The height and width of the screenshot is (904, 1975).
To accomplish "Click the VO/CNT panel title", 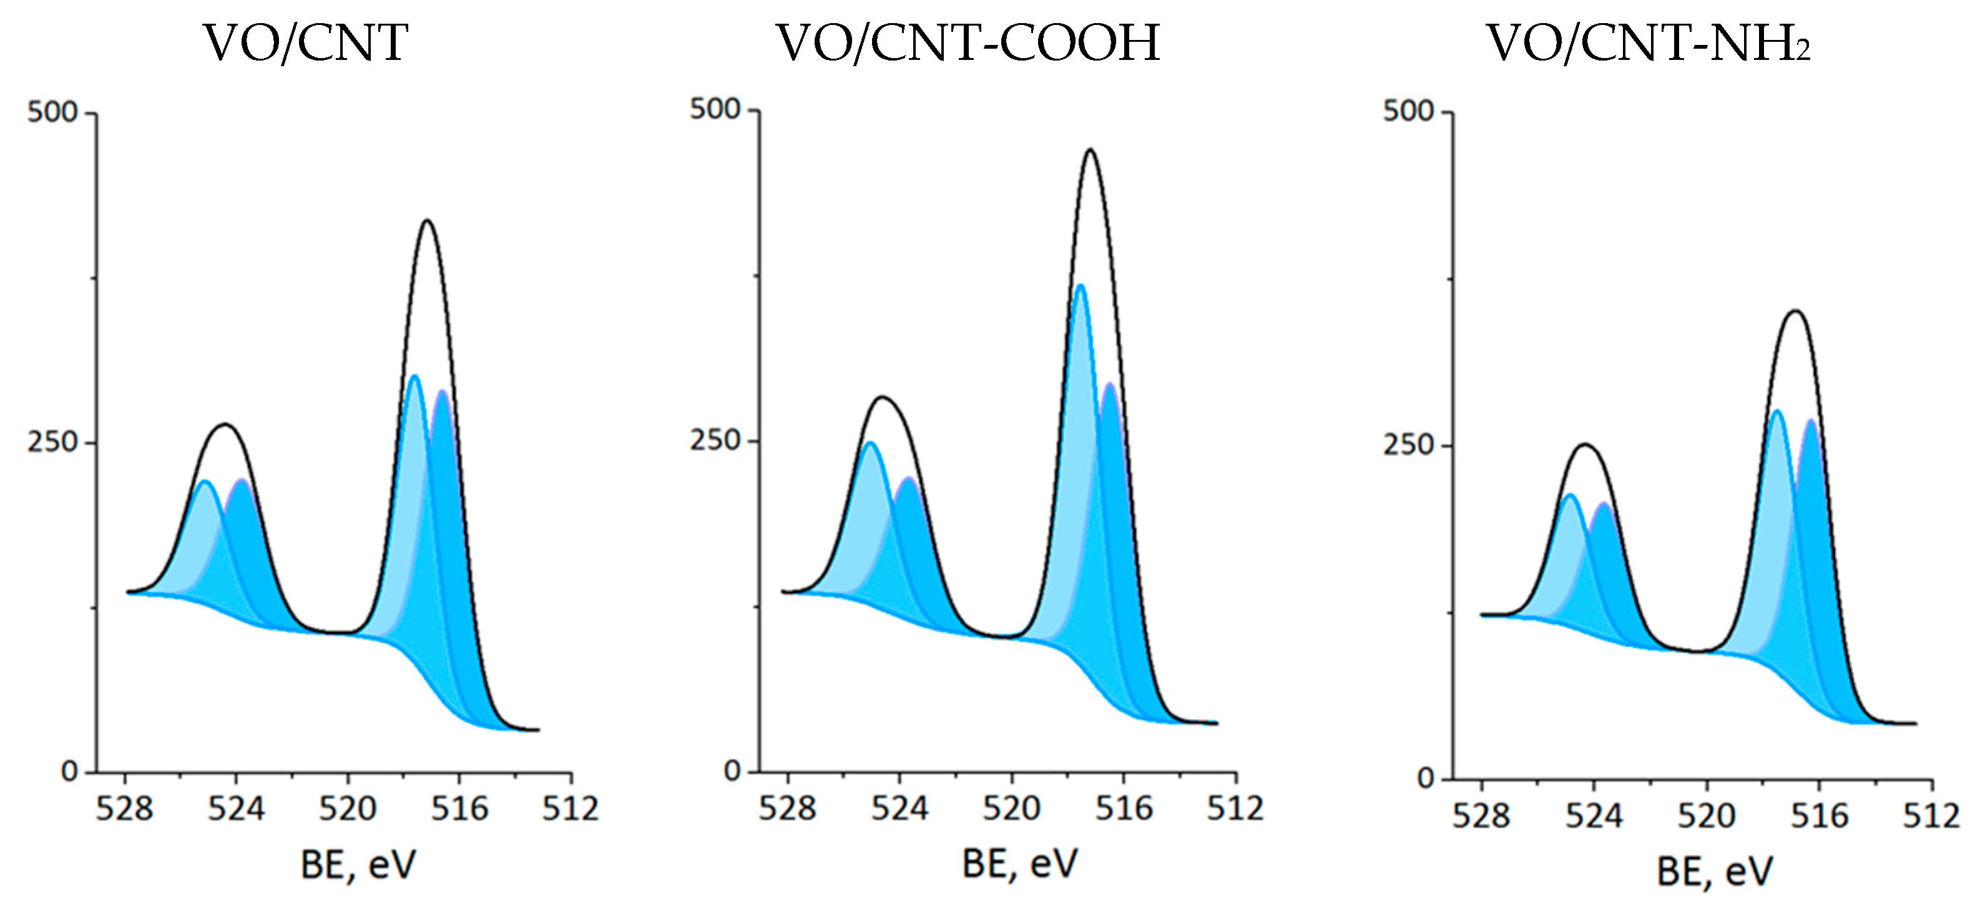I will tap(305, 43).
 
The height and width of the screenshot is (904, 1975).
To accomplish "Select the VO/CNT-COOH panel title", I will tap(968, 43).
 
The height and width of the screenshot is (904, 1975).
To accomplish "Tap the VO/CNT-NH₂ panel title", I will tap(1649, 43).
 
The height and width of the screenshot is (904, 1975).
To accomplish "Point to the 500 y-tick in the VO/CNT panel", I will tap(52, 113).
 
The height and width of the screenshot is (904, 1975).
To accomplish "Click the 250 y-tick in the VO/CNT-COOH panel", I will tap(715, 440).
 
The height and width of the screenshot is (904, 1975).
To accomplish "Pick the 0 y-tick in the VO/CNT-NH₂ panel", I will tap(1426, 779).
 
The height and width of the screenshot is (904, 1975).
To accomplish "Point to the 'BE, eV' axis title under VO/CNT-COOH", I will tap(1020, 863).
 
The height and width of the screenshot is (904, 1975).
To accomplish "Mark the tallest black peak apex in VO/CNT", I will tap(428, 221).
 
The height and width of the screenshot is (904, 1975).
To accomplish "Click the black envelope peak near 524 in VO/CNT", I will tap(225, 424).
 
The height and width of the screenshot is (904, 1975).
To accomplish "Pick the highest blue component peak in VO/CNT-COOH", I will tap(1081, 285).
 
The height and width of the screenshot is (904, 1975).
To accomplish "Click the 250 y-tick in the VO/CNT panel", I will tap(52, 443).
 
